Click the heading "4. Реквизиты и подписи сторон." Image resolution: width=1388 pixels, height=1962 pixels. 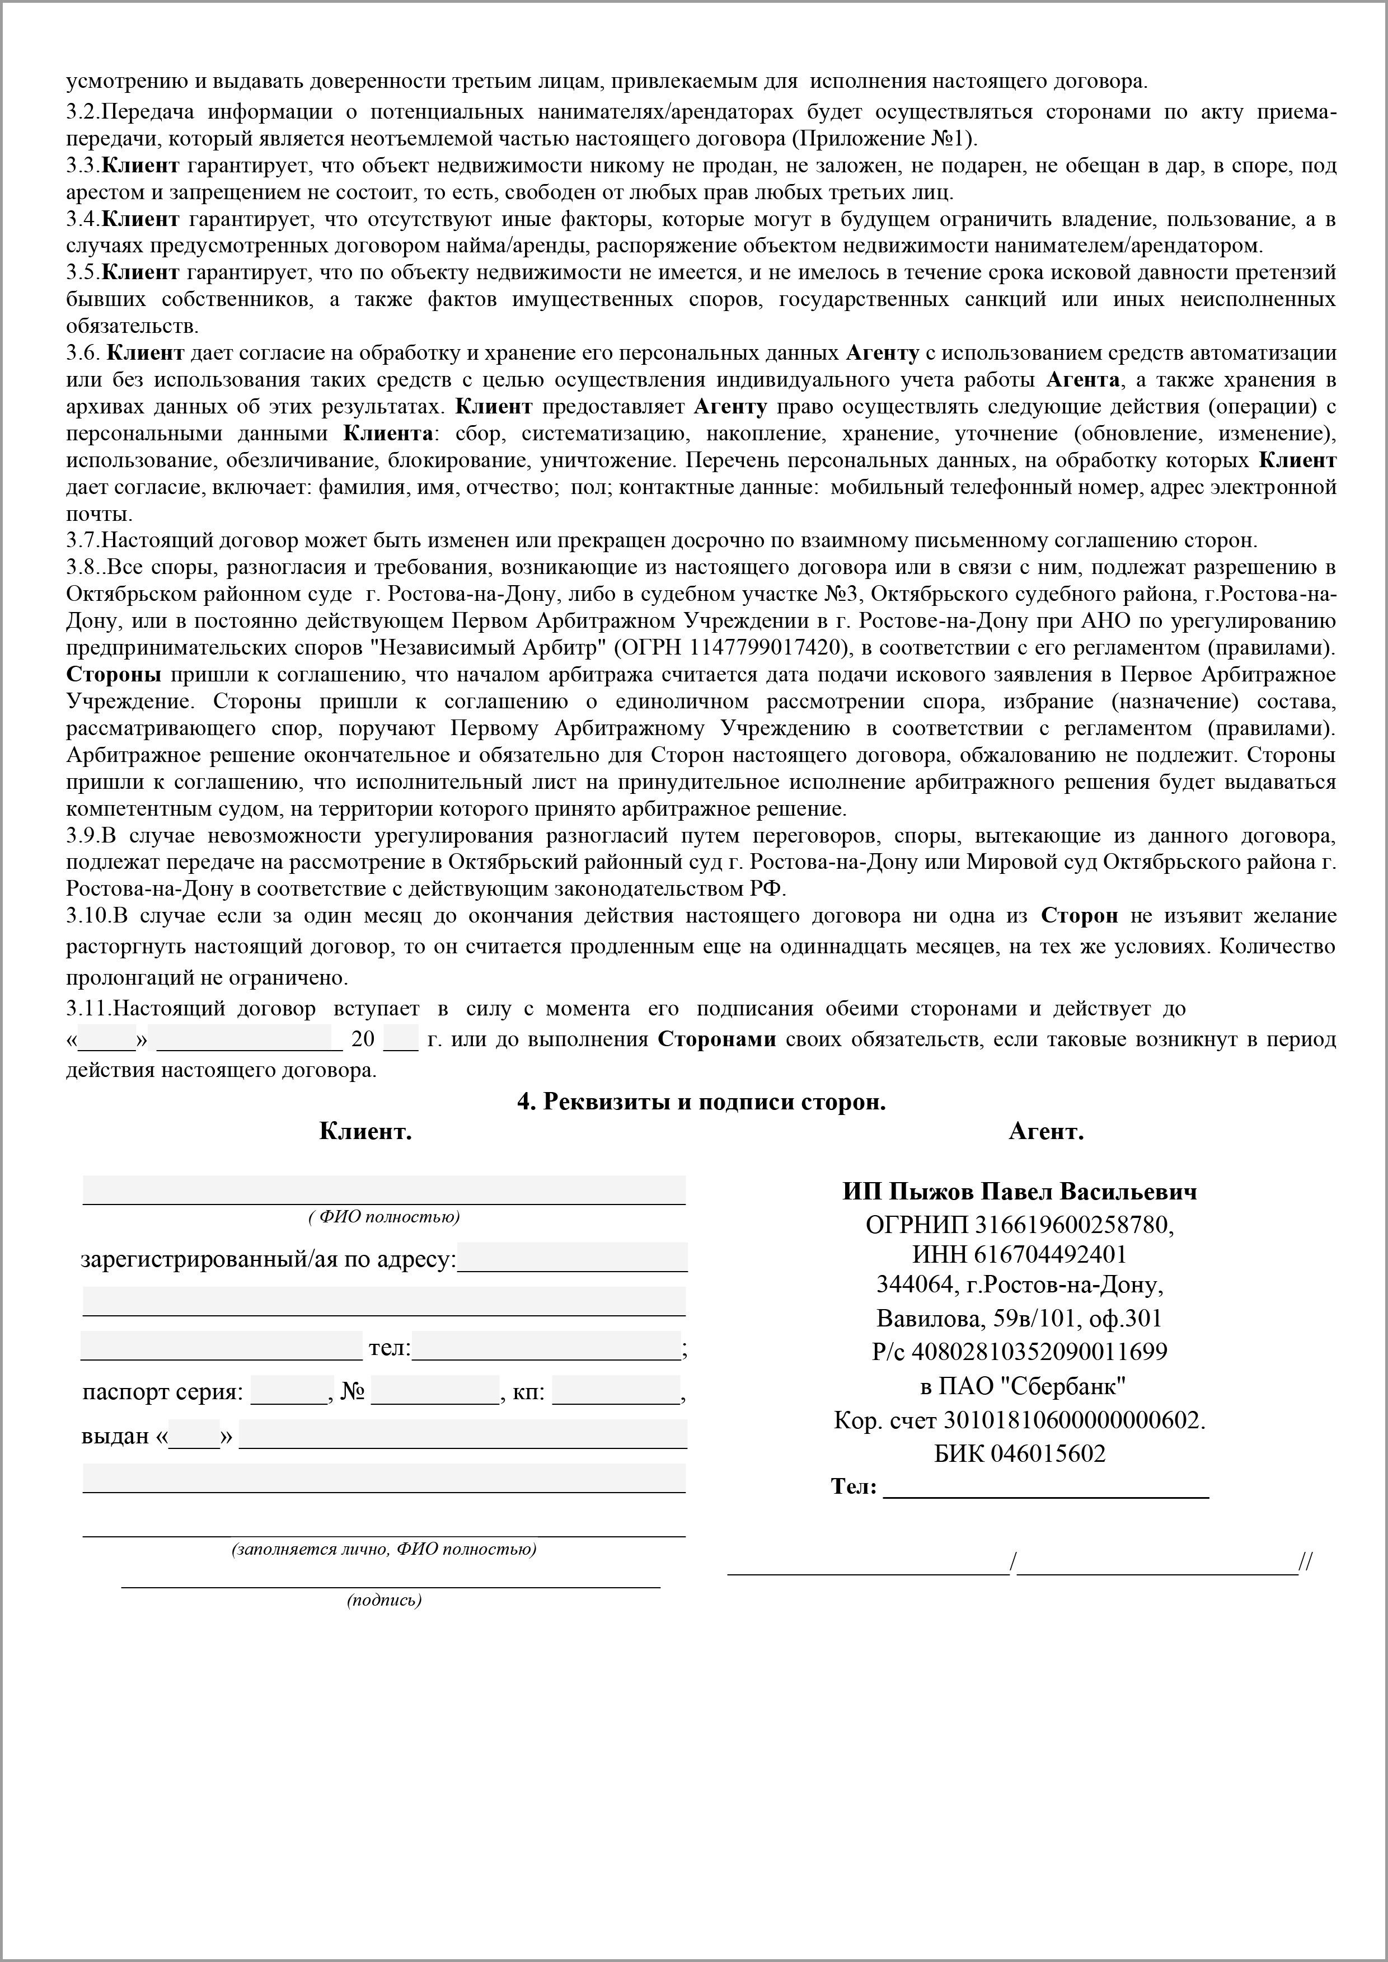click(x=701, y=1102)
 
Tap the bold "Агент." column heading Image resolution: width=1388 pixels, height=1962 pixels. click(x=1046, y=1132)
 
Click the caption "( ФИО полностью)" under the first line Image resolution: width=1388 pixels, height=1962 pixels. click(x=384, y=1217)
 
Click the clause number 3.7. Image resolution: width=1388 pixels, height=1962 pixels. click(x=84, y=541)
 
